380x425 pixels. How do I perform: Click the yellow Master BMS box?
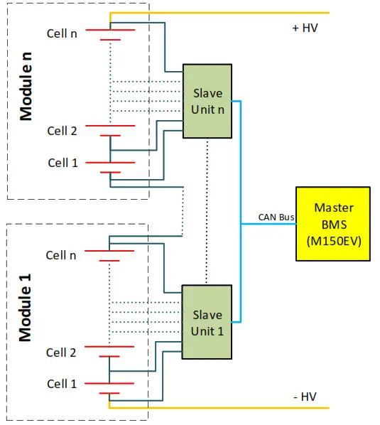(332, 225)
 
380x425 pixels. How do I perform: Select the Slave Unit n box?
(207, 101)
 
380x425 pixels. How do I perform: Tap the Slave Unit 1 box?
(207, 322)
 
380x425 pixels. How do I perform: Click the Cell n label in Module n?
(63, 33)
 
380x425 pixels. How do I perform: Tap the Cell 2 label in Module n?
(63, 131)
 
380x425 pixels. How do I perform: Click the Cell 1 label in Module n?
(63, 163)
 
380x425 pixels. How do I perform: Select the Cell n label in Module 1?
(61, 254)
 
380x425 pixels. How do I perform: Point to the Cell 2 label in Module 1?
(61, 353)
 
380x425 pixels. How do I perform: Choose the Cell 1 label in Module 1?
(61, 384)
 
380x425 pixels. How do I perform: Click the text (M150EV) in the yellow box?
(332, 241)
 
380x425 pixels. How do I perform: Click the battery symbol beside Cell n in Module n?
(110, 35)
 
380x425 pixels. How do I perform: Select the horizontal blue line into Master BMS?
(268, 225)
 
